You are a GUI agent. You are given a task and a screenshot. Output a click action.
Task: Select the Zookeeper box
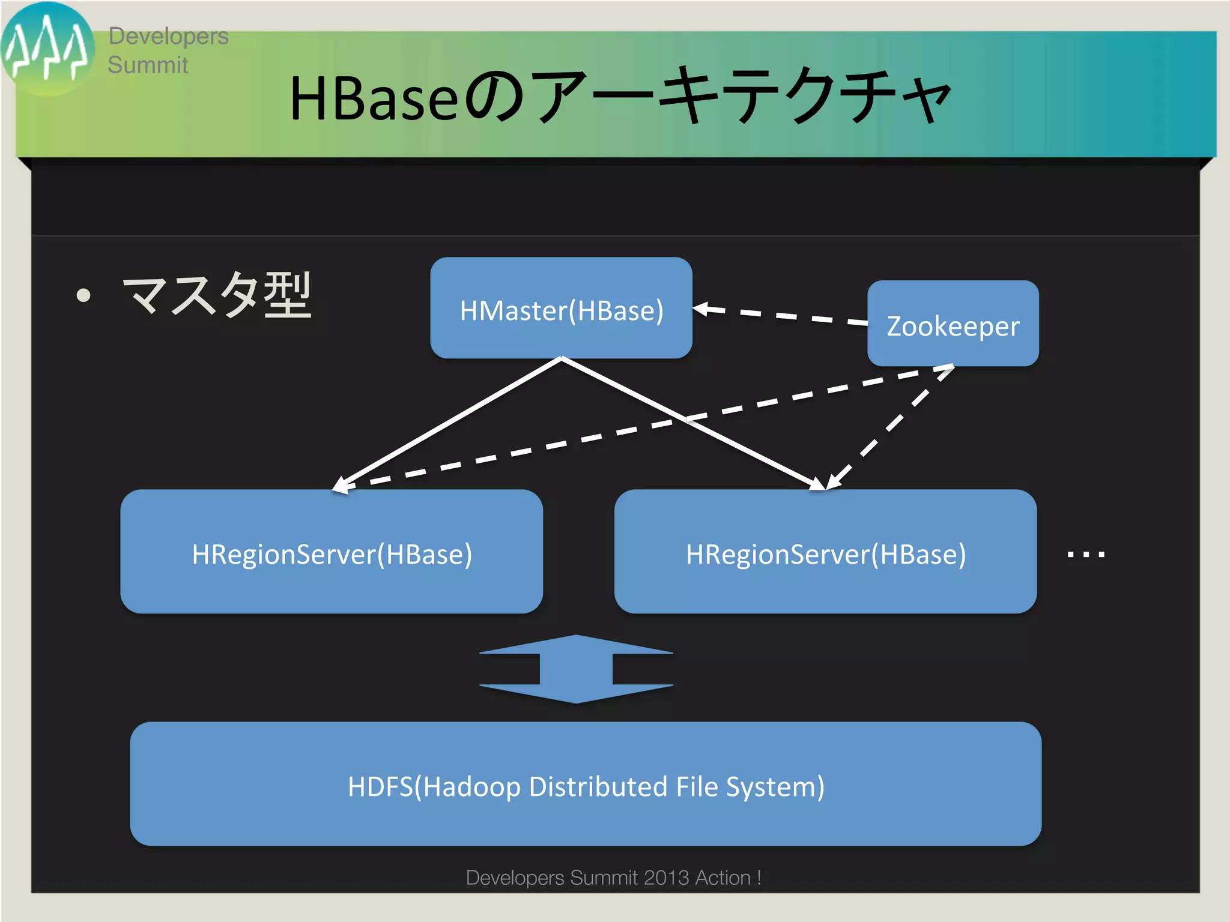(953, 325)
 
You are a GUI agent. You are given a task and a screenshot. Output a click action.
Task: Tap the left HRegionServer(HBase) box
(332, 552)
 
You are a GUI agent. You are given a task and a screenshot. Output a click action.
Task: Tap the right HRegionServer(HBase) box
(825, 552)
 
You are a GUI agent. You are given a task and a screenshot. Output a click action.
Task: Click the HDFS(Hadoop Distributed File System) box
(586, 785)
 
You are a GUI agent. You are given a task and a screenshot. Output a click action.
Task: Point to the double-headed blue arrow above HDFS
(576, 669)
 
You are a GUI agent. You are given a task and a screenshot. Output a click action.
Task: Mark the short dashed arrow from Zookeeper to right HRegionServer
(889, 428)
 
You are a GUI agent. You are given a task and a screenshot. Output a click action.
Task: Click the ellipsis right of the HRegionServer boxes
(1086, 555)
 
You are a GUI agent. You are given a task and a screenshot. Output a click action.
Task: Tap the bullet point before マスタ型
(83, 295)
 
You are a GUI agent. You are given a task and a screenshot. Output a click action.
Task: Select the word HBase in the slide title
(374, 98)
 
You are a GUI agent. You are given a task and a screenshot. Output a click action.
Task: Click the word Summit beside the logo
(148, 65)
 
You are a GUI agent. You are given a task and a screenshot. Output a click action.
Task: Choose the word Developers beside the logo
(168, 36)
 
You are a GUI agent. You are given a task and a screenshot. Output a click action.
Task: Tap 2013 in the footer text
(666, 878)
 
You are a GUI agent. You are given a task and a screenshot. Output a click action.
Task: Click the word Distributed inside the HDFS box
(598, 786)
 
